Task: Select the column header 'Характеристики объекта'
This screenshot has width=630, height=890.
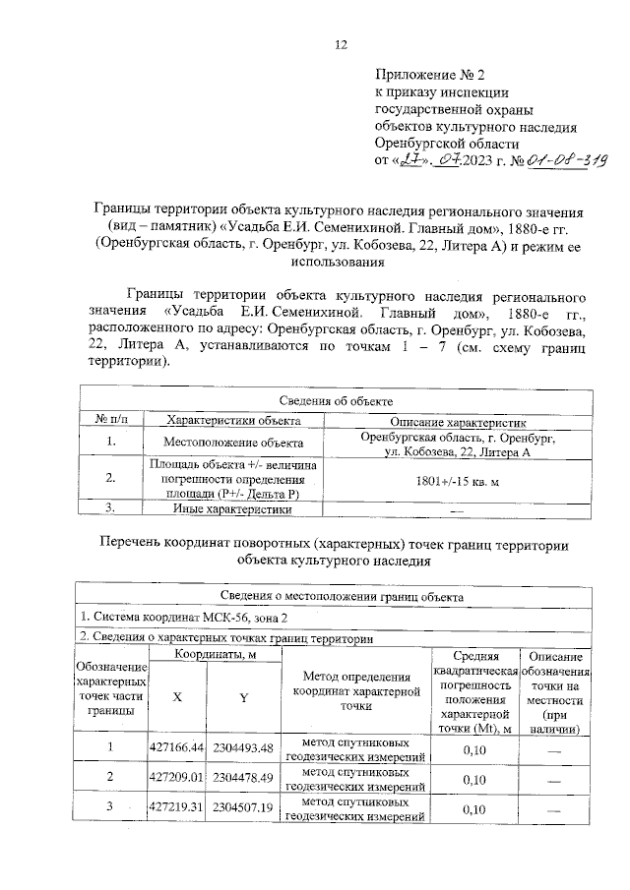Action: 232,420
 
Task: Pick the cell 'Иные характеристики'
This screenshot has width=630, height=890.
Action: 232,509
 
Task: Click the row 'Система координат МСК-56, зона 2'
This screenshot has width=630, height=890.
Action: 186,617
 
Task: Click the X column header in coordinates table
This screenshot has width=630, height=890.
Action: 177,695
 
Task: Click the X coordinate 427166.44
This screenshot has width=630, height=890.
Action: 177,748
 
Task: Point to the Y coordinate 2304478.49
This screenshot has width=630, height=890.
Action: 242,778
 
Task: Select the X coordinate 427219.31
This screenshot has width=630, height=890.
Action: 177,808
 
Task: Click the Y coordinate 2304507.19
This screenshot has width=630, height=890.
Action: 242,808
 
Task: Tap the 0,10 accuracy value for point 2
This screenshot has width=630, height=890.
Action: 475,779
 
